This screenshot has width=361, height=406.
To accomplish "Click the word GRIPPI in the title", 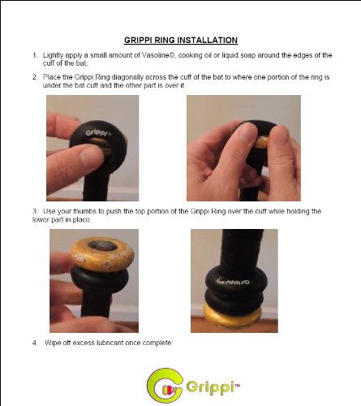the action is pos(139,40).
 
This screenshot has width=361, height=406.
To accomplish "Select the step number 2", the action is pos(35,77).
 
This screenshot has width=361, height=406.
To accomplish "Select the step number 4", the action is pos(35,343).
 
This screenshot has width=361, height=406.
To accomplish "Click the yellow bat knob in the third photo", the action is pos(102,254).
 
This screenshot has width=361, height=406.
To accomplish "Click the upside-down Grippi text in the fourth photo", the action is pos(234,282).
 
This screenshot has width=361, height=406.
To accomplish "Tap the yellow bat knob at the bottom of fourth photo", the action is pos(232,316).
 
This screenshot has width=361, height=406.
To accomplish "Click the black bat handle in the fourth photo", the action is pos(242,250).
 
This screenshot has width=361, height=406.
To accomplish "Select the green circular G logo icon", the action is pos(165,386).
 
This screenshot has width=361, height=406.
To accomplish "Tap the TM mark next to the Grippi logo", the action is pos(237,385).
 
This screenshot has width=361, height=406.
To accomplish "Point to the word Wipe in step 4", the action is pos(52,343).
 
